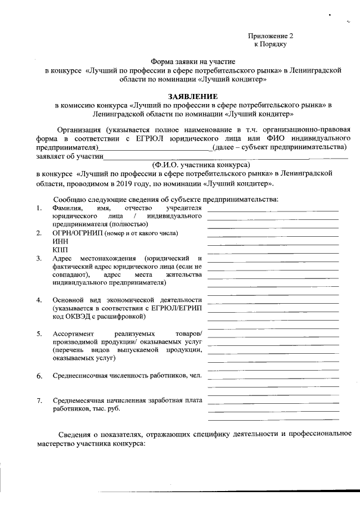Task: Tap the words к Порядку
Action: (x=271, y=44)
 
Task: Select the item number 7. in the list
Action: (x=39, y=400)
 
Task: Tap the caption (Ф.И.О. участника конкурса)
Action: (x=201, y=165)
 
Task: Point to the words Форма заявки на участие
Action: (x=192, y=61)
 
